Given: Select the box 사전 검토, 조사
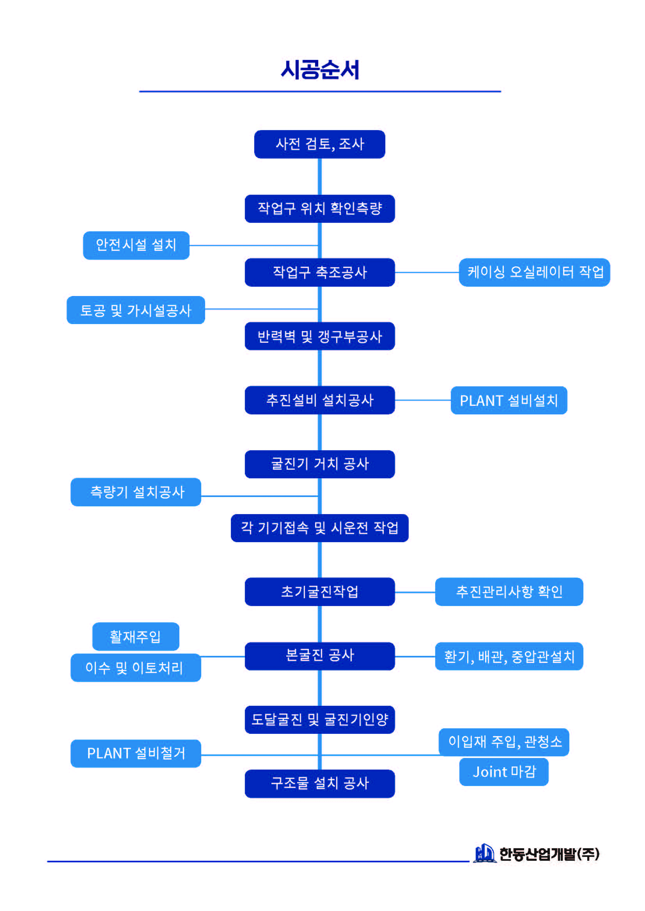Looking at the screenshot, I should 320,144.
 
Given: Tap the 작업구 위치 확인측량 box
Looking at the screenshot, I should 320,209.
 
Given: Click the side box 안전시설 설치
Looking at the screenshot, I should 136,245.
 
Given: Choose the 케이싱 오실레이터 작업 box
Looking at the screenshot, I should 534,272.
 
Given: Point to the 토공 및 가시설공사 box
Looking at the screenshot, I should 136,310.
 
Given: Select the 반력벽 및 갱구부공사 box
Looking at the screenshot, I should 320,336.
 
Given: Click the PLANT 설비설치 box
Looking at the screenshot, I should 509,400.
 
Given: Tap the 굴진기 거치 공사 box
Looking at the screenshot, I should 320,464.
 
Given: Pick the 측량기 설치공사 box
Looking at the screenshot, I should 136,492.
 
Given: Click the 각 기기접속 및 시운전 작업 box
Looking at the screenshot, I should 320,528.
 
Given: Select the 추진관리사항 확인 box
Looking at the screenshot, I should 509,591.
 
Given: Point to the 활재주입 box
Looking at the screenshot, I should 136,637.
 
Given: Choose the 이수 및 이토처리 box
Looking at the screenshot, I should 136,668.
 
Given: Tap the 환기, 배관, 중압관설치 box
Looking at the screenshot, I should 509,656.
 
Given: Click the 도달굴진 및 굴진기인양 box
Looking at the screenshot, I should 320,719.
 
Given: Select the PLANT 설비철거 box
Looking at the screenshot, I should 136,753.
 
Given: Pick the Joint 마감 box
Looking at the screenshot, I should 504,772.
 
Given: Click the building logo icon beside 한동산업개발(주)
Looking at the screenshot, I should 484,853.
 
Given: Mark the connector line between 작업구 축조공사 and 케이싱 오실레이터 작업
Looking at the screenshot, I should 427,272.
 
